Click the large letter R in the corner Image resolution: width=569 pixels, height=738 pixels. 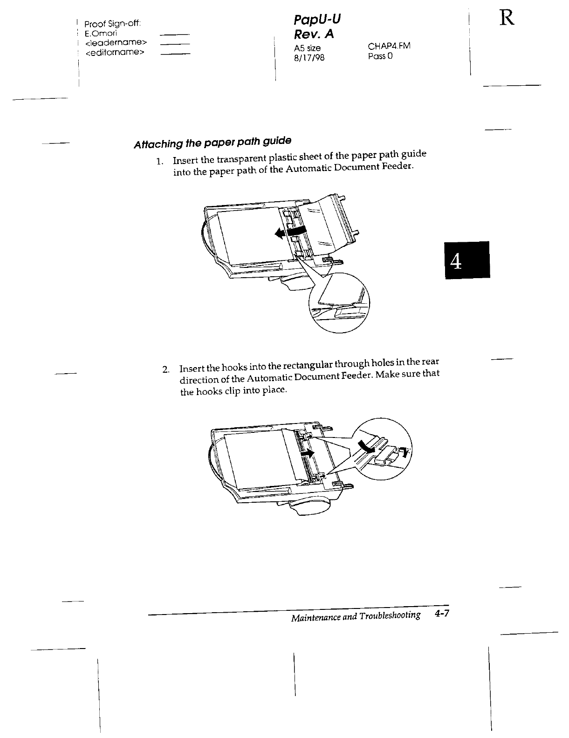(x=507, y=19)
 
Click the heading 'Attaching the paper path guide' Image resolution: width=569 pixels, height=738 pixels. (x=213, y=142)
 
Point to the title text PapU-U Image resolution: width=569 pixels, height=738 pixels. (x=317, y=20)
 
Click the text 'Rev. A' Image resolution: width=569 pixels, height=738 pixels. (x=315, y=34)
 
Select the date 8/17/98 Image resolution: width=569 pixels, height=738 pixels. (x=306, y=57)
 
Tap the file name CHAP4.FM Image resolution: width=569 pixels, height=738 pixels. (x=389, y=46)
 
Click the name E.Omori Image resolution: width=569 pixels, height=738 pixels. (x=101, y=34)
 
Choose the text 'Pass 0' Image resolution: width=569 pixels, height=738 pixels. (x=380, y=56)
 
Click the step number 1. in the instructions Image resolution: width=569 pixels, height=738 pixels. (x=160, y=162)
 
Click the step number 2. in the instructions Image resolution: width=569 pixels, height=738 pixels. (x=166, y=370)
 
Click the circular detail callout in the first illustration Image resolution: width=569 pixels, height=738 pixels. (x=339, y=303)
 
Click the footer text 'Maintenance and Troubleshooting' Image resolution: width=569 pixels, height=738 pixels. (x=355, y=617)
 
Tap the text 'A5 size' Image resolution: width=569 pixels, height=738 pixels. (x=307, y=48)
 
